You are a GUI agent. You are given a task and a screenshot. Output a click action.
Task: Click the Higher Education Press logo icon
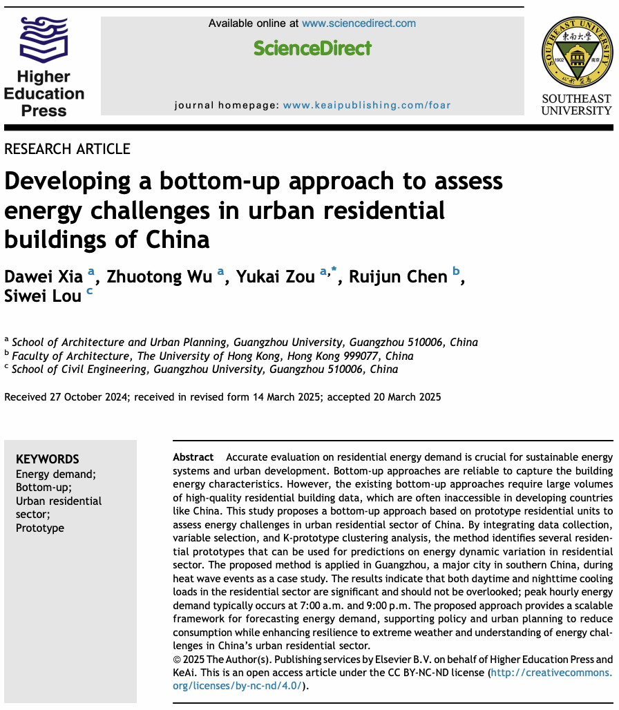pyautogui.click(x=44, y=41)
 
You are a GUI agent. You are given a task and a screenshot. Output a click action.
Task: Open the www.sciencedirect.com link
pyautogui.click(x=359, y=23)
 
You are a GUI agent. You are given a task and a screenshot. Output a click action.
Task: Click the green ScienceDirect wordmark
pyautogui.click(x=312, y=48)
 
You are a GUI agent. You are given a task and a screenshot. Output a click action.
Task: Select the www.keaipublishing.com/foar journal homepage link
pyautogui.click(x=366, y=106)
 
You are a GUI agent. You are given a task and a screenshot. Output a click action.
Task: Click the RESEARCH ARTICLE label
pyautogui.click(x=67, y=149)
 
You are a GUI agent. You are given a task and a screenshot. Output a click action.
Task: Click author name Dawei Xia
pyautogui.click(x=44, y=277)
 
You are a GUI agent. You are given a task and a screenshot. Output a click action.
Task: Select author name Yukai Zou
pyautogui.click(x=276, y=277)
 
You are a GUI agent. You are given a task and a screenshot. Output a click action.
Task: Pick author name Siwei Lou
pyautogui.click(x=44, y=296)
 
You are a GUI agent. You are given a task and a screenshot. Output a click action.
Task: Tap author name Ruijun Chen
pyautogui.click(x=398, y=277)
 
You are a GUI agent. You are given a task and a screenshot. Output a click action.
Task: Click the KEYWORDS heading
pyautogui.click(x=47, y=459)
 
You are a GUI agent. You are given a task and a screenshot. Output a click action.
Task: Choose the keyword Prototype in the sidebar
pyautogui.click(x=40, y=528)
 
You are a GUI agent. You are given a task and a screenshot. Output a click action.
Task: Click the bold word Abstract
pyautogui.click(x=193, y=458)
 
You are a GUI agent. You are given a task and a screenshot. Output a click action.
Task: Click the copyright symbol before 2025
pyautogui.click(x=176, y=660)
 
